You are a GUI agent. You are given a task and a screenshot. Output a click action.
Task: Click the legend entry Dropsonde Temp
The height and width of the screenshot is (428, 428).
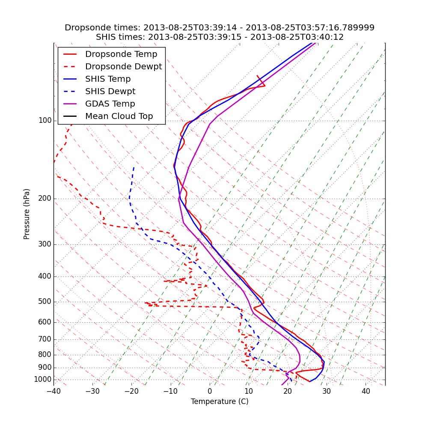(x=121, y=54)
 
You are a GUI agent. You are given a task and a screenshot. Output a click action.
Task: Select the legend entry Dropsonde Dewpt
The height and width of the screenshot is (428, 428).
(x=123, y=67)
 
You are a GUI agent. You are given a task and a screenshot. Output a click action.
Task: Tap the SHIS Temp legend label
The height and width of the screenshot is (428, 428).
(x=108, y=79)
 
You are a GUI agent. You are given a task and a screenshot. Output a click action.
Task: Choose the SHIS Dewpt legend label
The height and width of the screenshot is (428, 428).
(x=110, y=92)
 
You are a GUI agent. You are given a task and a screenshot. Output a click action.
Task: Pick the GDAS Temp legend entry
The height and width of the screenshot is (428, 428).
(x=110, y=104)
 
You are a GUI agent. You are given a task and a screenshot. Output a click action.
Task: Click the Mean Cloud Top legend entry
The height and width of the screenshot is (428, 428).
(x=119, y=116)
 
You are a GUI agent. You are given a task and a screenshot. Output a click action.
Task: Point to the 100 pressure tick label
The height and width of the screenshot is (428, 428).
(x=45, y=121)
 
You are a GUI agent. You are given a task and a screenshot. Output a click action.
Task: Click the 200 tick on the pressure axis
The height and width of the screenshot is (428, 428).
(x=45, y=199)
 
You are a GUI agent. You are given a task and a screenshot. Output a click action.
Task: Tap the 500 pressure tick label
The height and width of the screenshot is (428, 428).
(x=45, y=302)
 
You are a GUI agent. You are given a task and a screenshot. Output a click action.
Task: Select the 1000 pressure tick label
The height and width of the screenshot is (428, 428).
(x=43, y=380)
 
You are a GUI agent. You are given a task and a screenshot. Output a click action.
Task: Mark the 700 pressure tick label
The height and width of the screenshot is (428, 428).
(x=45, y=339)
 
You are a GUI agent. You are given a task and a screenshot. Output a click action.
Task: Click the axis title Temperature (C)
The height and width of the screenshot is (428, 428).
(x=220, y=401)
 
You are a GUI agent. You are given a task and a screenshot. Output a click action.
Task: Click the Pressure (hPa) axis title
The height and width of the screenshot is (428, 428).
(x=27, y=214)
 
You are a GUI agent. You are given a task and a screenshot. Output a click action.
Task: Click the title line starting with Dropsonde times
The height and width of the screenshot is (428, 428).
(x=220, y=28)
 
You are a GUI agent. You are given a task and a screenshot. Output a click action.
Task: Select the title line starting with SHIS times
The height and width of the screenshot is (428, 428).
(x=220, y=37)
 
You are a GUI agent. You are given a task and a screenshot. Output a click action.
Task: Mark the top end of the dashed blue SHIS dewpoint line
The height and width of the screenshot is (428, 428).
(x=134, y=167)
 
